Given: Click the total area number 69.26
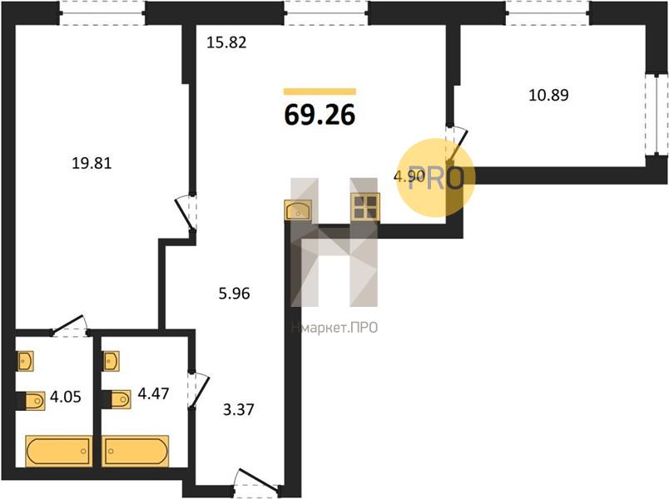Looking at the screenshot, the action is click(320, 115).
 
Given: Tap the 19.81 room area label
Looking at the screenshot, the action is click(92, 163).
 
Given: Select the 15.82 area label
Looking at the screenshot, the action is click(226, 42).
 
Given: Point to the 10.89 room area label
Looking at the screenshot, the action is click(548, 95).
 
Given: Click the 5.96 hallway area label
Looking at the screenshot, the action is click(235, 294).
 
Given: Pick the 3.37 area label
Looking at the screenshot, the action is click(239, 410).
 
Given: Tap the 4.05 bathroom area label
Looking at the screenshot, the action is click(66, 397).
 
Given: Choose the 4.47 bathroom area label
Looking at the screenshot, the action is click(154, 393).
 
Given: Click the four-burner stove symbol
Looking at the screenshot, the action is click(365, 207).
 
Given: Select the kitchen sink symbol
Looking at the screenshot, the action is click(299, 210).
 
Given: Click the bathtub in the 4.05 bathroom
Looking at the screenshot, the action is click(59, 452).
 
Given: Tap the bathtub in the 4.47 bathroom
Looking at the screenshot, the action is click(136, 452).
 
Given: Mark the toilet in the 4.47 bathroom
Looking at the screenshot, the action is click(118, 399).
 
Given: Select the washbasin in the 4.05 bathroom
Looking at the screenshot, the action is click(25, 361).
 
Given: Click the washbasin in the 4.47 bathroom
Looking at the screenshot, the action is click(111, 361).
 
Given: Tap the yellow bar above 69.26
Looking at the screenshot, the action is click(320, 91).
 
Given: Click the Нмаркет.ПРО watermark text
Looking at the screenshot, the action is click(334, 328).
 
